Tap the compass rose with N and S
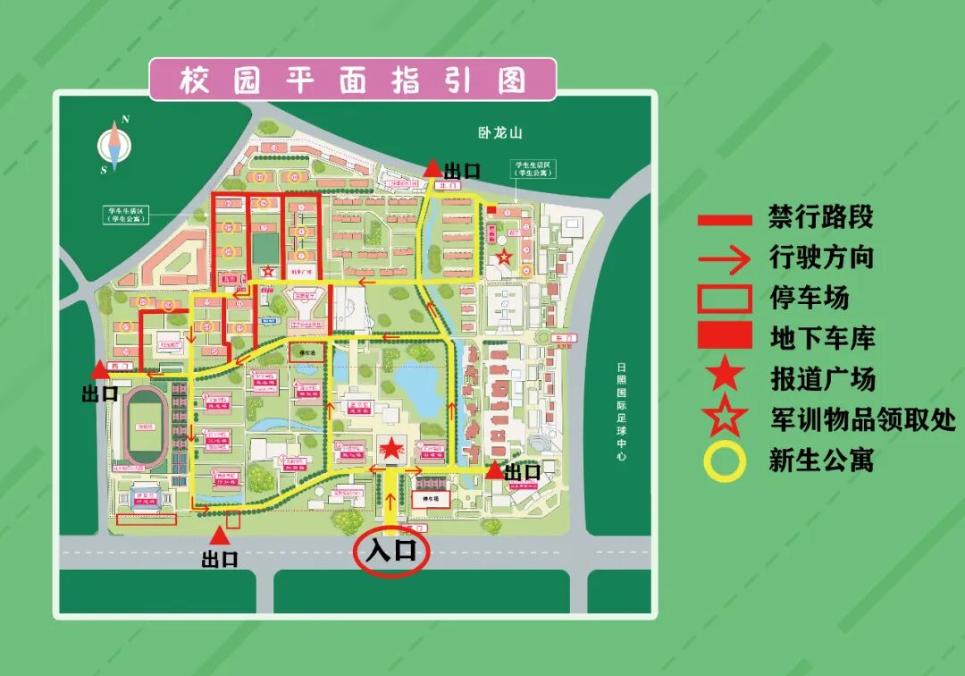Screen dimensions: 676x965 115,144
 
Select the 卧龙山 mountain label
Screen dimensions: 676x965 499,133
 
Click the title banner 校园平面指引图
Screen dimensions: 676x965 352,80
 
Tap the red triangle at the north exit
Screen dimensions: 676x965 432,168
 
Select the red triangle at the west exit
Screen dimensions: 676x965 98,368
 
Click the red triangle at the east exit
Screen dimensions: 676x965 493,469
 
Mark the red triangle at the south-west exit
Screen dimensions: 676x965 219,536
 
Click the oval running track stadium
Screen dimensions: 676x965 144,427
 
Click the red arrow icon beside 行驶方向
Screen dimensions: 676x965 725,259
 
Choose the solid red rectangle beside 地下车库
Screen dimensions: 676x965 725,336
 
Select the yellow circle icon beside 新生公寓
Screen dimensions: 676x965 725,461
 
